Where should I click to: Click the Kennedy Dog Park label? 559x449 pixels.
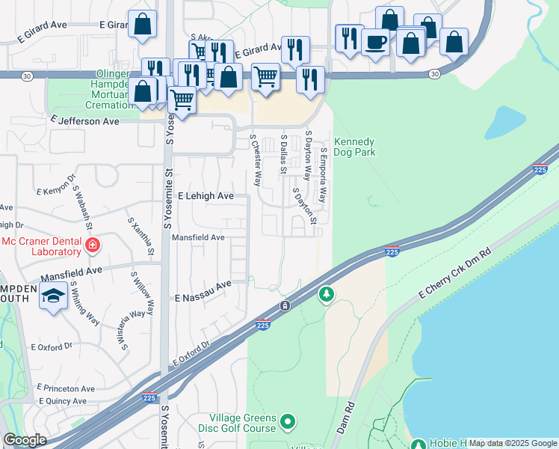[x=354, y=147]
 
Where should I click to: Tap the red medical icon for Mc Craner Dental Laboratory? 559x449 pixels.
[x=92, y=245]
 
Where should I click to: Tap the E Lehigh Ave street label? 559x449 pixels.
[x=206, y=196]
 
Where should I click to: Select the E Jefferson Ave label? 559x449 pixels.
[x=85, y=120]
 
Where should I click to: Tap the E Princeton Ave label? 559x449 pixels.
[x=63, y=389]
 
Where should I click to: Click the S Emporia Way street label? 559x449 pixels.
[x=324, y=174]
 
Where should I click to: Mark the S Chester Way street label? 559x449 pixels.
[x=256, y=160]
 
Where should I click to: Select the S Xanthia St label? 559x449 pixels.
[x=140, y=236]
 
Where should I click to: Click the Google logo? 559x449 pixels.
[x=25, y=440]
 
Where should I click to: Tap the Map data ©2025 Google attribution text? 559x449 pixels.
[x=513, y=443]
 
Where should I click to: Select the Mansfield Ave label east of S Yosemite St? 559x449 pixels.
[x=198, y=238]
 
